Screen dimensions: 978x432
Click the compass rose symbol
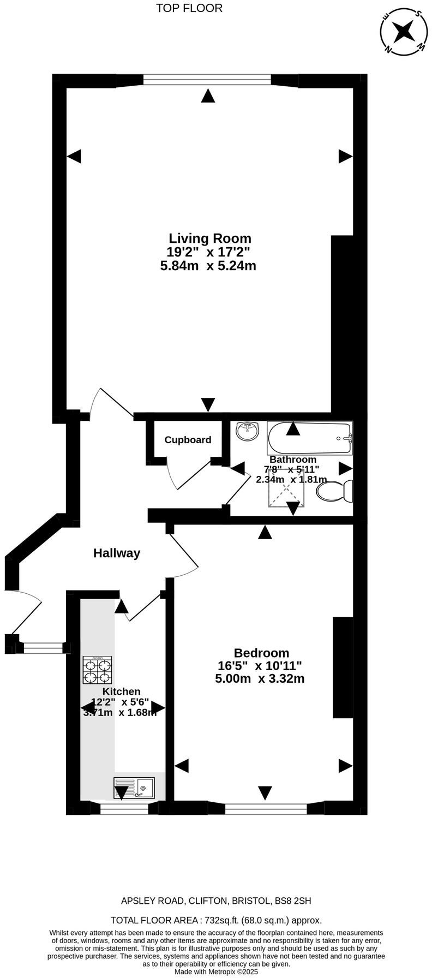tap(404, 32)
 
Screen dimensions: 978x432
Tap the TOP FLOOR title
tap(189, 8)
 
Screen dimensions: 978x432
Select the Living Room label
tap(210, 238)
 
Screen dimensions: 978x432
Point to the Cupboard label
tap(188, 440)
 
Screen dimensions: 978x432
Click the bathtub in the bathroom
tap(309, 438)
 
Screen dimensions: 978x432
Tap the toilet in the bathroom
tap(334, 491)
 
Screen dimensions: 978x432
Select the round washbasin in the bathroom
tap(248, 431)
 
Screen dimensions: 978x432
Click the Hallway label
tap(117, 553)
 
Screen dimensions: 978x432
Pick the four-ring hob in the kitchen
tap(97, 670)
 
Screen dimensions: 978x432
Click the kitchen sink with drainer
tap(134, 789)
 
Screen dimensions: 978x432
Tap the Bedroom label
tap(261, 653)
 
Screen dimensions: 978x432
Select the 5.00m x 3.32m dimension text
tap(260, 679)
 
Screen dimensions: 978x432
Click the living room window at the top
tap(207, 80)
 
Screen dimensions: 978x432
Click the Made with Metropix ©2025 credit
tap(216, 972)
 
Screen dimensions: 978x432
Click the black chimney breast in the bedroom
tap(343, 667)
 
